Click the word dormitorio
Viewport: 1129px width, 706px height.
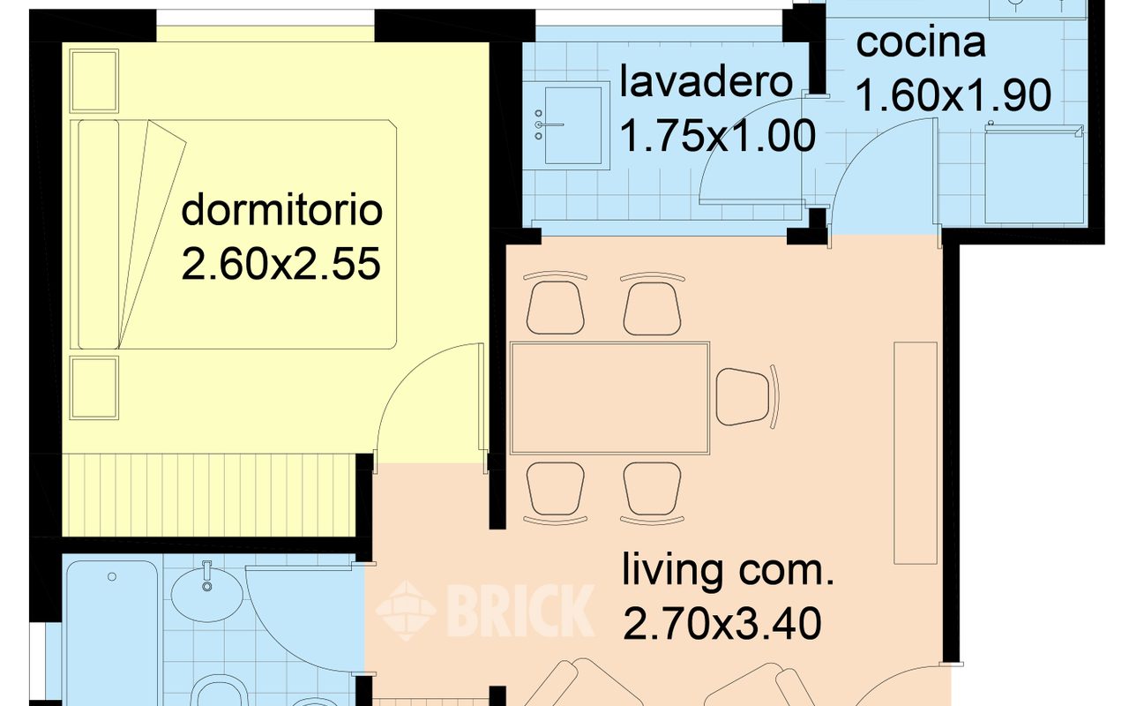click(281, 212)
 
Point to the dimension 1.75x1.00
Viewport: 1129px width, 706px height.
click(717, 136)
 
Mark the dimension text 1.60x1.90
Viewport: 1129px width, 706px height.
click(953, 96)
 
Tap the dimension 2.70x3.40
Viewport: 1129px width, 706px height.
click(722, 624)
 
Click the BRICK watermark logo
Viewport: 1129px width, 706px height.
click(485, 610)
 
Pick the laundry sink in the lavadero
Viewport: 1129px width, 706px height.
click(572, 124)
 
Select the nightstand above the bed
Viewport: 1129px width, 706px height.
click(93, 81)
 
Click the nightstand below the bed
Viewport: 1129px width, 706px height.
click(93, 388)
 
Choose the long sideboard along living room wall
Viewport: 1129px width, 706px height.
click(915, 453)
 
